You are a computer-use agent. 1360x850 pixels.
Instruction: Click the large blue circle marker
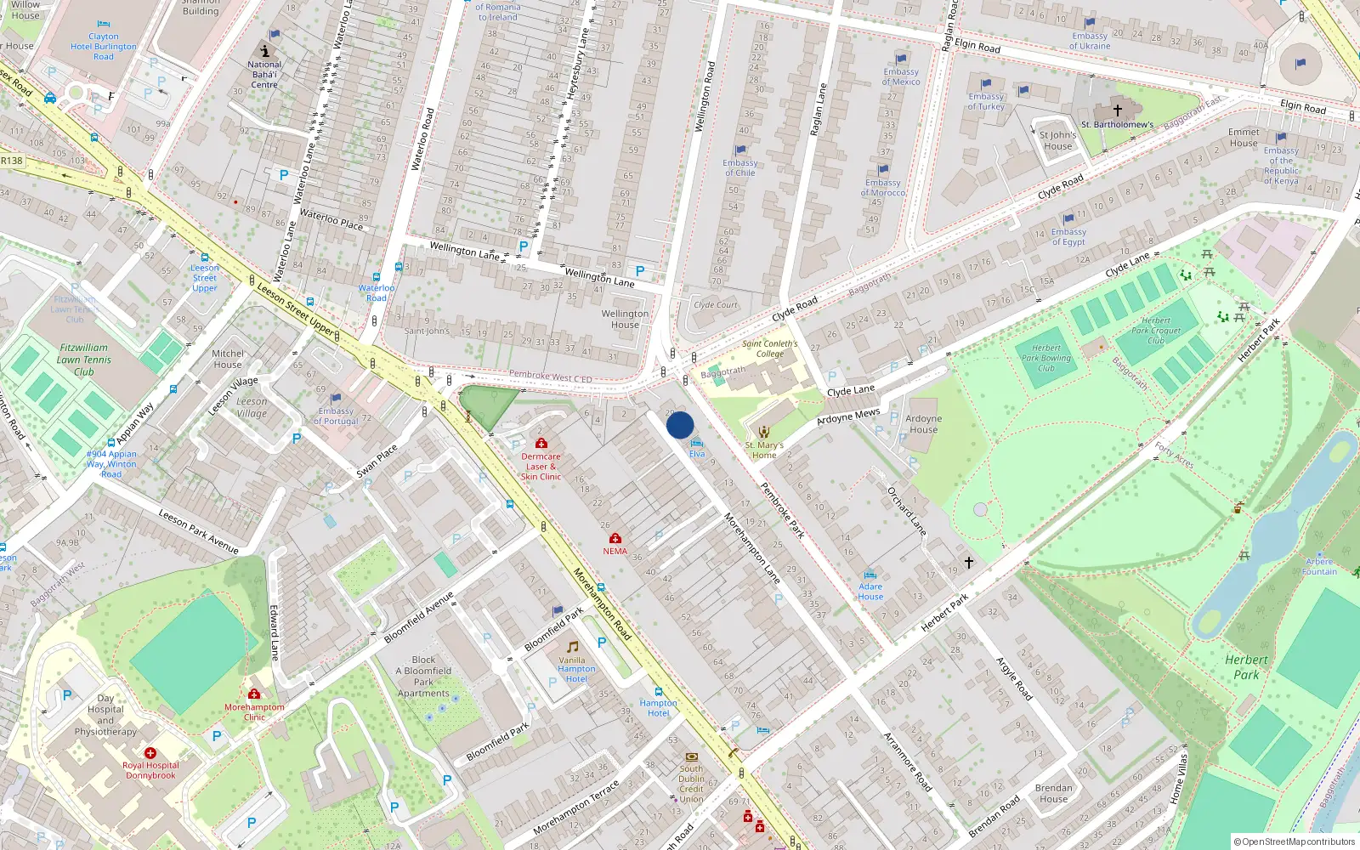(x=680, y=425)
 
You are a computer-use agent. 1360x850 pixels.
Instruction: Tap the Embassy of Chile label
(x=739, y=167)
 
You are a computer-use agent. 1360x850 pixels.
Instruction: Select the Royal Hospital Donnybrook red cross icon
(x=150, y=753)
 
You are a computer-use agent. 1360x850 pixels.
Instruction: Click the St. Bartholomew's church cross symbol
(x=1118, y=110)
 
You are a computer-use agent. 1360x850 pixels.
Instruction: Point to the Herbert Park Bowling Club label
(x=1045, y=358)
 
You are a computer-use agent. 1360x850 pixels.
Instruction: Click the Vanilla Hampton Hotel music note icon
(x=572, y=647)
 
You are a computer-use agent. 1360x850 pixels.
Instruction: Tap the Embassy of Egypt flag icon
(x=1068, y=219)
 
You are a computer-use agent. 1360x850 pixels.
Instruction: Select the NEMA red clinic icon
(x=615, y=538)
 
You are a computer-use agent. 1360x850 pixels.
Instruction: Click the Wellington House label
(x=625, y=319)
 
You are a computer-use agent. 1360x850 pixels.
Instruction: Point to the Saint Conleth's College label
(x=769, y=348)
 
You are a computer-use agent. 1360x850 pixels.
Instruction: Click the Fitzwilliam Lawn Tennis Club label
(x=83, y=360)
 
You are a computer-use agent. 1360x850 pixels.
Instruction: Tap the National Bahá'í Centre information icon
(x=264, y=51)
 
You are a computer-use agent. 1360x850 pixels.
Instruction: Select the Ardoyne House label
(x=923, y=423)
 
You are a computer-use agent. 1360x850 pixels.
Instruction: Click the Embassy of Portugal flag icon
(x=336, y=398)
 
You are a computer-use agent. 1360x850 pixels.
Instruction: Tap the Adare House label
(x=870, y=592)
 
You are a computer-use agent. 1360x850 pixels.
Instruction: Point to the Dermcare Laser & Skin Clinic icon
(x=541, y=443)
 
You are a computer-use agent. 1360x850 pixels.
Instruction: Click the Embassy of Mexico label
(x=901, y=76)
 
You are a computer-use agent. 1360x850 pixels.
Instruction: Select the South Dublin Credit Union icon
(x=691, y=756)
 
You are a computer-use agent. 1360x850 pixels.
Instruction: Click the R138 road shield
(x=12, y=160)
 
